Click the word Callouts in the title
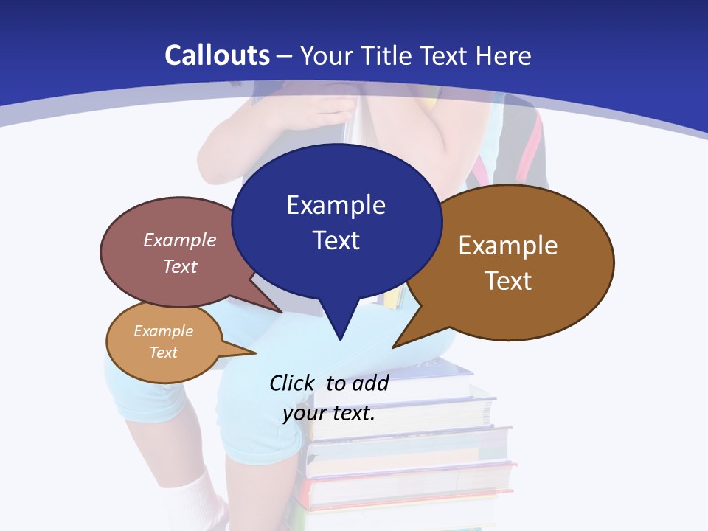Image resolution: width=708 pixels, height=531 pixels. tap(218, 55)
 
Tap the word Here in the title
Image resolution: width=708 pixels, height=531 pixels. tap(504, 55)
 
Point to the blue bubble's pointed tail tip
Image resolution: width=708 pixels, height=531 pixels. tap(340, 339)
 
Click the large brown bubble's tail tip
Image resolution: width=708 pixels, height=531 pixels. tap(393, 347)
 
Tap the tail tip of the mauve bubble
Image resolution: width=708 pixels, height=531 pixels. tap(281, 312)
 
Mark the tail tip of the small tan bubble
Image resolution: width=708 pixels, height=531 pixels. tap(255, 353)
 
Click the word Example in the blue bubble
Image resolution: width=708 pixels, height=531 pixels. tap(336, 205)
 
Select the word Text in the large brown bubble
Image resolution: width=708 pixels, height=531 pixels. tap(508, 281)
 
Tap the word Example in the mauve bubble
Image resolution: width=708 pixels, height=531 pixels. tap(180, 240)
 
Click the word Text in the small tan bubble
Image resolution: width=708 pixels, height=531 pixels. tap(163, 353)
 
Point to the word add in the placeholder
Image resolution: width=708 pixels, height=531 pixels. tap(370, 383)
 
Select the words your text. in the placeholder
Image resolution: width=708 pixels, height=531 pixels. tap(329, 413)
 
